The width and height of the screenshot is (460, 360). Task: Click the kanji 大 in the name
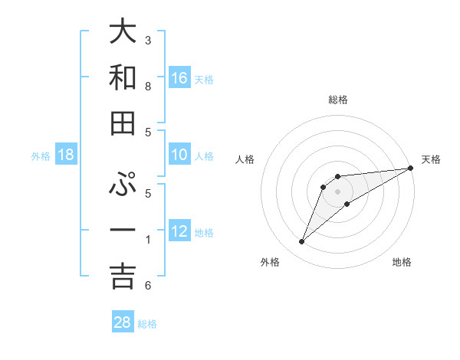pyautogui.click(x=123, y=32)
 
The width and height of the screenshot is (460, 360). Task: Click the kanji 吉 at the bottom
pyautogui.click(x=123, y=277)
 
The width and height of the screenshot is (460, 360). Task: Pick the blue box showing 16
pyautogui.click(x=179, y=77)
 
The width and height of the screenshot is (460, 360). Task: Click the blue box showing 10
pyautogui.click(x=179, y=155)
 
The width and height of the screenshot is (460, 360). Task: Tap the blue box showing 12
pyautogui.click(x=179, y=231)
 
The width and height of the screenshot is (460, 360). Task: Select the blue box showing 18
pyautogui.click(x=66, y=155)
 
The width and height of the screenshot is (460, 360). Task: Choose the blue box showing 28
pyautogui.click(x=123, y=322)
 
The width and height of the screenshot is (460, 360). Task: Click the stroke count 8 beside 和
pyautogui.click(x=147, y=87)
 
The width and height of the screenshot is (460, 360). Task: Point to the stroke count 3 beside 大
pyautogui.click(x=147, y=40)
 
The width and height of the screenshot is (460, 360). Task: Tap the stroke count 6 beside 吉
pyautogui.click(x=147, y=286)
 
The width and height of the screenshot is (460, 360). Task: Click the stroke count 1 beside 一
pyautogui.click(x=147, y=240)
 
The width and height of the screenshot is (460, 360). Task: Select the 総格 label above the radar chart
pyautogui.click(x=337, y=100)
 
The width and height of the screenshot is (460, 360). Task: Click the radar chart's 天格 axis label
pyautogui.click(x=431, y=159)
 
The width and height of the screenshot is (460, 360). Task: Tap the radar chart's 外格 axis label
pyautogui.click(x=270, y=262)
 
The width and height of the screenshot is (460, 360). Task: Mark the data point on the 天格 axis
pyautogui.click(x=410, y=168)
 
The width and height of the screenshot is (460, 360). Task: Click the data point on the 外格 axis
pyautogui.click(x=302, y=242)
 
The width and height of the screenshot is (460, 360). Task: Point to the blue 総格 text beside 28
pyautogui.click(x=147, y=324)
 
